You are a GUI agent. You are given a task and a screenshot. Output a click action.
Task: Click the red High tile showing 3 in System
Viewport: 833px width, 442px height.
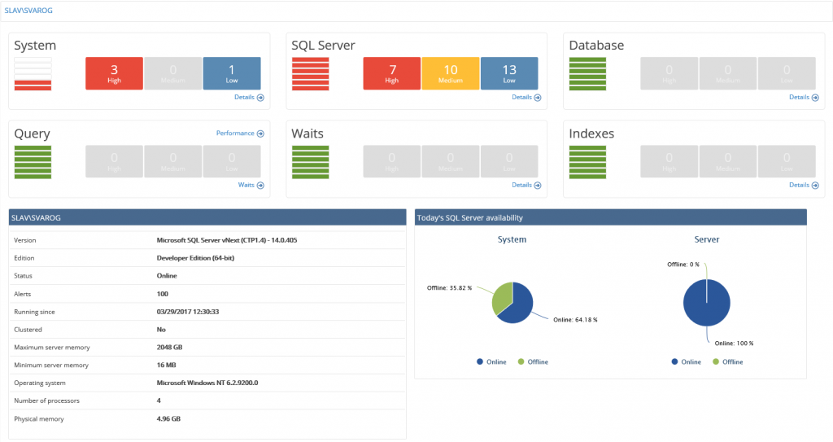click(x=114, y=73)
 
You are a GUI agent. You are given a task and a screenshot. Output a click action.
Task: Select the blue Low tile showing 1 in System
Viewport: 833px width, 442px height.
click(x=232, y=73)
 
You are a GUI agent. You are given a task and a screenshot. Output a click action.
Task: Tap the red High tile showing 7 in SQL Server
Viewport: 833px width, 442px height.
click(x=391, y=73)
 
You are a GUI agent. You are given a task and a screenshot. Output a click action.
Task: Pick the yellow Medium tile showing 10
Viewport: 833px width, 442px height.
click(x=451, y=73)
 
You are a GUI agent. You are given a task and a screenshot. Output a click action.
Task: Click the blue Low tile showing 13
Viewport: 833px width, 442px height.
click(x=509, y=73)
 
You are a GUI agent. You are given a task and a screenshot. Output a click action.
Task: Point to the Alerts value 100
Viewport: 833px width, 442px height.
click(x=163, y=294)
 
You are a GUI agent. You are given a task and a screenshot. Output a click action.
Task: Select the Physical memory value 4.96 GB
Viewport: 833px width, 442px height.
click(x=168, y=419)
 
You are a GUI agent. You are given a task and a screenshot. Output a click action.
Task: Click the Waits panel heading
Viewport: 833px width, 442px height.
click(x=308, y=133)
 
